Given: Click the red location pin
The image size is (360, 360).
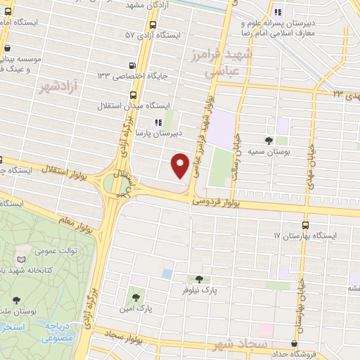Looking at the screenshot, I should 181,165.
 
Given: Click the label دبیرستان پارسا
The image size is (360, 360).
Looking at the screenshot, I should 159,131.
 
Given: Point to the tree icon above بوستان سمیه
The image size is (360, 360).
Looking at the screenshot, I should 269,141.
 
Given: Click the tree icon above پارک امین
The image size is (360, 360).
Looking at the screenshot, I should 136,297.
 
